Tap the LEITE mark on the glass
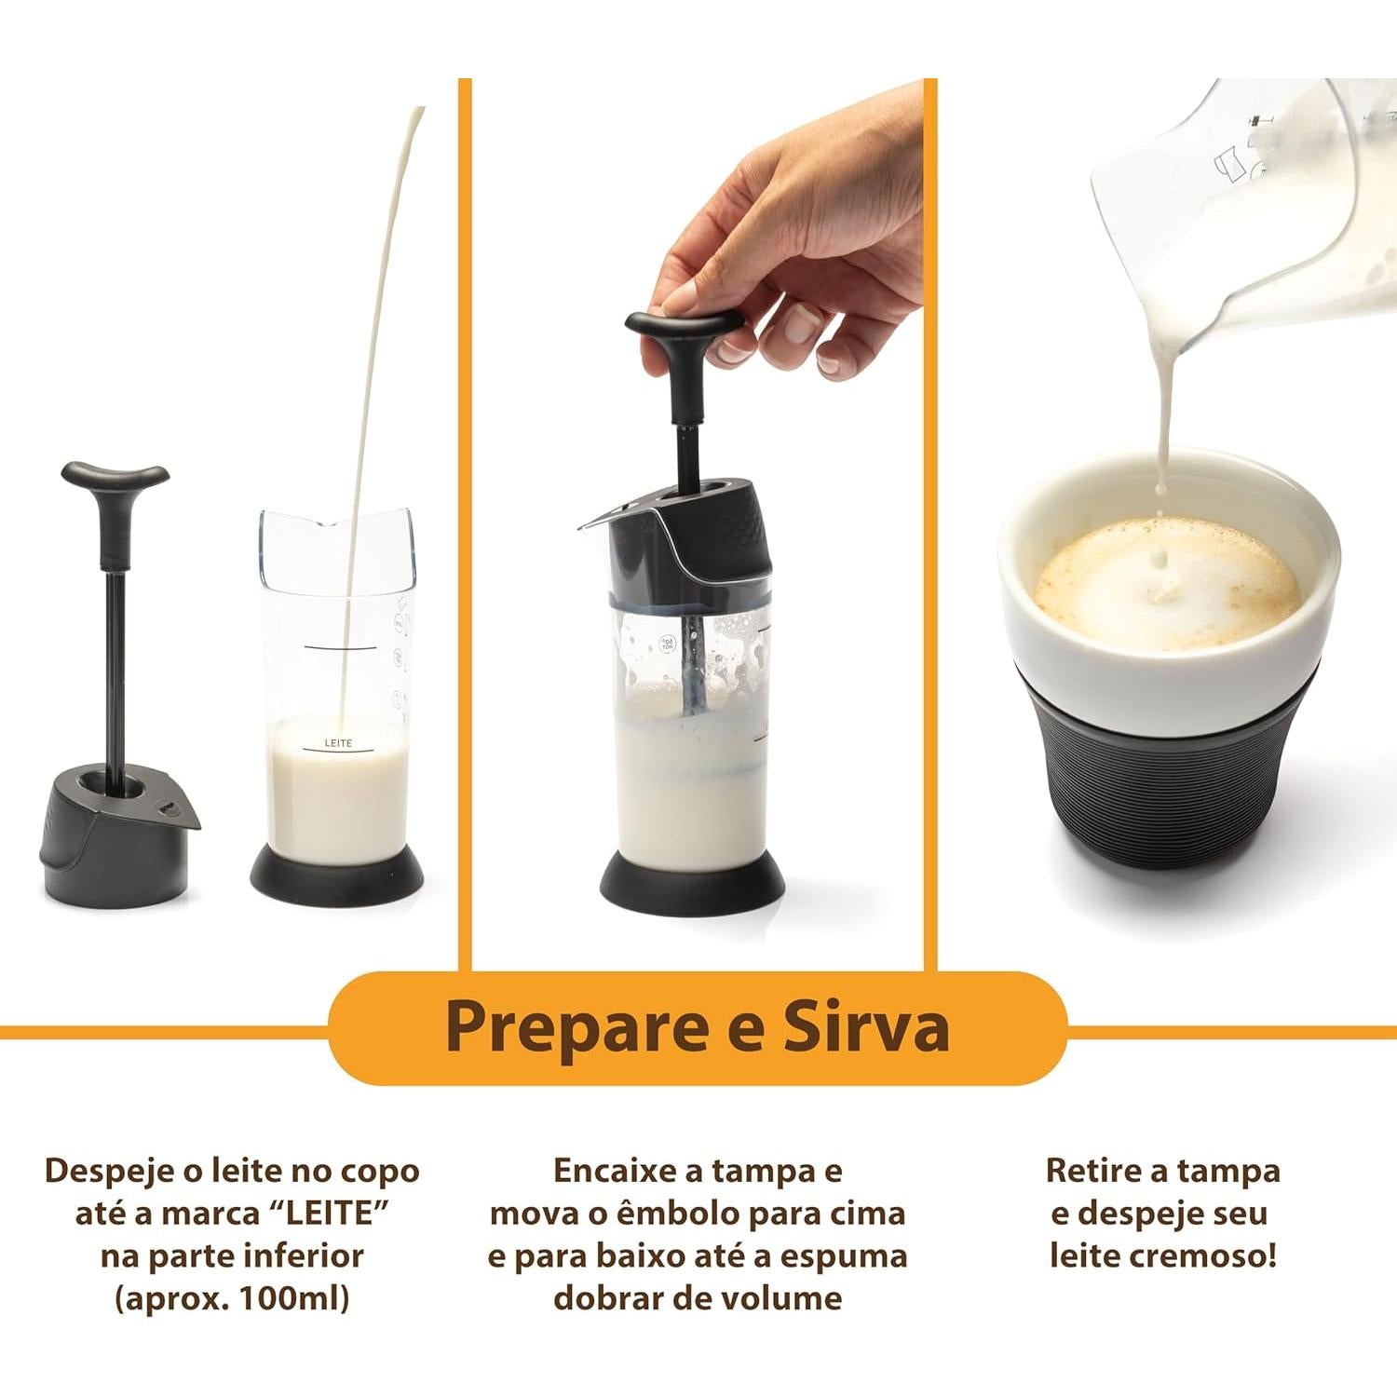(338, 743)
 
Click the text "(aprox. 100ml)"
(232, 1297)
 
